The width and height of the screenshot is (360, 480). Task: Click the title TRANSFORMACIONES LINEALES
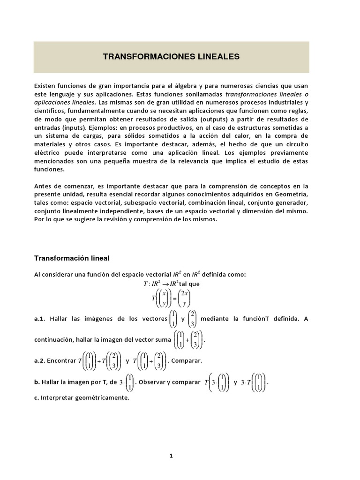pos(171,57)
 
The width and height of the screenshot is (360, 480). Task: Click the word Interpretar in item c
pos(58,397)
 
